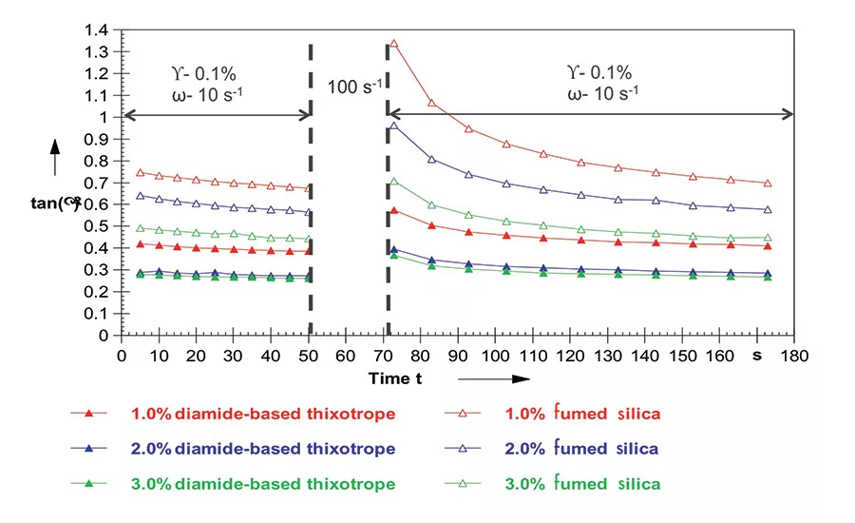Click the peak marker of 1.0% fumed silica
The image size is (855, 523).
tap(393, 44)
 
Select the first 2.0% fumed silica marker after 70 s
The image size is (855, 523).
tap(393, 126)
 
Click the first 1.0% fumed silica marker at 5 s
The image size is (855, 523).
tap(141, 173)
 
